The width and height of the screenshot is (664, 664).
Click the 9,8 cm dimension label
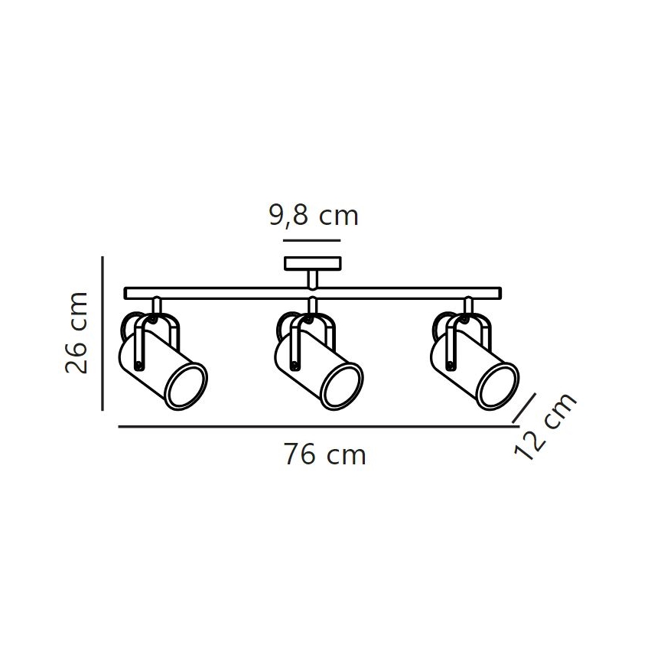[x=314, y=216]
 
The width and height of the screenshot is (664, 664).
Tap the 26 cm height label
[x=76, y=333]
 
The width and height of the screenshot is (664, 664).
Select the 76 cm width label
[x=324, y=455]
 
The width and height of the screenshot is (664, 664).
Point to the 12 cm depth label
[x=545, y=426]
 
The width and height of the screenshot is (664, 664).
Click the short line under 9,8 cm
[x=311, y=240]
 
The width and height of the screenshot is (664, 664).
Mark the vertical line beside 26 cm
[x=103, y=334]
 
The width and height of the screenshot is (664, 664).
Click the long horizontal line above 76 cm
[x=318, y=427]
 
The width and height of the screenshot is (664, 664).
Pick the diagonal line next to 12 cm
[x=524, y=408]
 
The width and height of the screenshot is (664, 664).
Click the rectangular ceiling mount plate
[x=313, y=263]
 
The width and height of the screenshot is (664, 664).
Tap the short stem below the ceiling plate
[x=313, y=279]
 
